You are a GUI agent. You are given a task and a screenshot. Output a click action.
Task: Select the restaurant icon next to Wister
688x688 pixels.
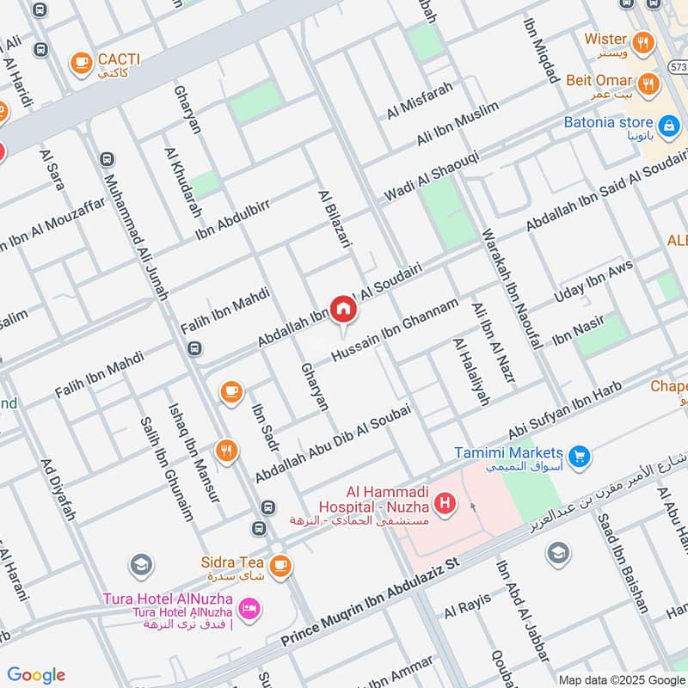[642, 40]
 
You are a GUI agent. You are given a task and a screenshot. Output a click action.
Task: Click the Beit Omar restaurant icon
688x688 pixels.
[649, 83]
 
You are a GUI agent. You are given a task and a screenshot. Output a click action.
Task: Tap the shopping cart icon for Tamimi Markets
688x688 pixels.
[580, 454]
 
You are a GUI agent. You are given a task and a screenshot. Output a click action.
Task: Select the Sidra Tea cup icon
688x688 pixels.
[279, 565]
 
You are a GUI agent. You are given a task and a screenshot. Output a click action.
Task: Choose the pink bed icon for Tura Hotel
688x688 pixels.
[249, 610]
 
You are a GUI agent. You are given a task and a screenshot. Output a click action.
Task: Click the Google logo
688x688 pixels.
[35, 674]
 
